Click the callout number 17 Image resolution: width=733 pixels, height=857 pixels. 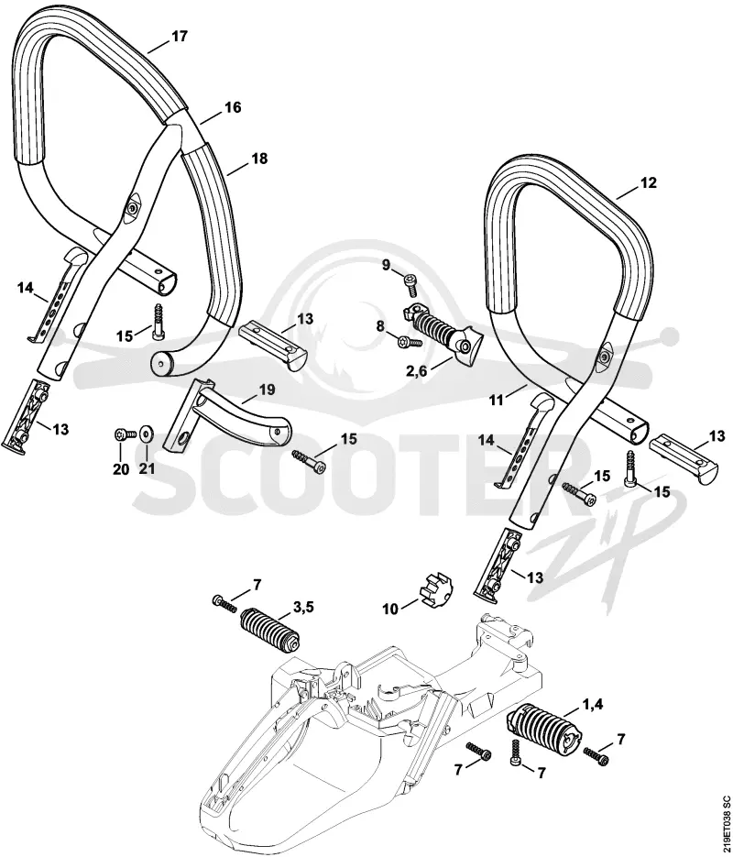point(180,37)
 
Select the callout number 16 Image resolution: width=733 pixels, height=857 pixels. point(233,107)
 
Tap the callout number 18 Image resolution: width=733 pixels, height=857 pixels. point(260,159)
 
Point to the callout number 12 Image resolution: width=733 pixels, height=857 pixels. point(649,182)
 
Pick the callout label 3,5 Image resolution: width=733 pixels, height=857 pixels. point(303,606)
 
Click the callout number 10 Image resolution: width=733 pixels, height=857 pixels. point(390,609)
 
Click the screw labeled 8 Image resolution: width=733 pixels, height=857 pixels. point(411,342)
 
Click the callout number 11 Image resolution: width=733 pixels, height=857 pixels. point(496,400)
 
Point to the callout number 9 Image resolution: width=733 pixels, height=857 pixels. point(386,266)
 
